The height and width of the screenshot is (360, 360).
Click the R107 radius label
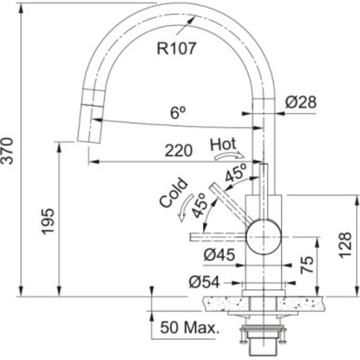(176, 48)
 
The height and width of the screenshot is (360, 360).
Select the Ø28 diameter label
(301, 102)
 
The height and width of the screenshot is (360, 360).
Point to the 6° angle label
(178, 113)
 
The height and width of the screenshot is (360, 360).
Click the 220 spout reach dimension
(179, 151)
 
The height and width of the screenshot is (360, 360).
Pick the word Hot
(223, 144)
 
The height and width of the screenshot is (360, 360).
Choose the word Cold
(173, 192)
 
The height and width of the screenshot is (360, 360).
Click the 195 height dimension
(48, 222)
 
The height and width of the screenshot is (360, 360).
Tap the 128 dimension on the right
(346, 245)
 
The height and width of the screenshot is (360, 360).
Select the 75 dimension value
(307, 264)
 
